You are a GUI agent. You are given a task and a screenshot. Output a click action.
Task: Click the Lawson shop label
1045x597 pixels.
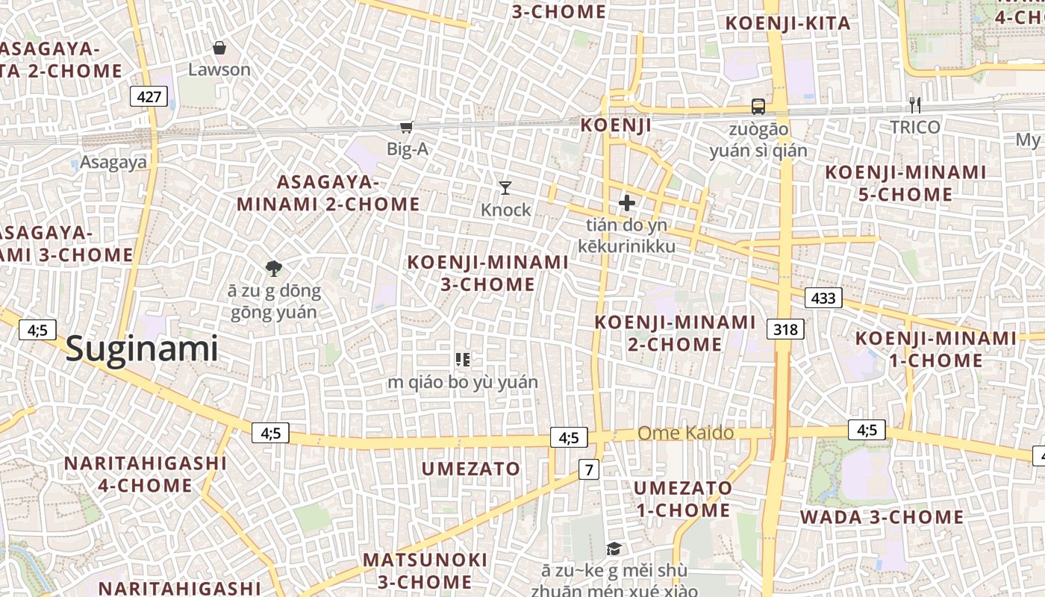pyautogui.click(x=219, y=69)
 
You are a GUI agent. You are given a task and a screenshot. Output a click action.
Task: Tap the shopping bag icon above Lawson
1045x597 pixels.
pyautogui.click(x=219, y=49)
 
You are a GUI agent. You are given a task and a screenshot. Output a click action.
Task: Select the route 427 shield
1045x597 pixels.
pyautogui.click(x=149, y=96)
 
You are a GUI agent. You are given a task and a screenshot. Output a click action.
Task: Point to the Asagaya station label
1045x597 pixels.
pyautogui.click(x=113, y=163)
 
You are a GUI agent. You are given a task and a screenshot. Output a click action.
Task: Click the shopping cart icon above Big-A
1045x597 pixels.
pyautogui.click(x=407, y=128)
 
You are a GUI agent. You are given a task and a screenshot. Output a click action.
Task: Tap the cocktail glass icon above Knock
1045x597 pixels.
pyautogui.click(x=506, y=187)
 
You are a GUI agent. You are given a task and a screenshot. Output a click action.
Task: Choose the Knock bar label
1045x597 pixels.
pyautogui.click(x=506, y=210)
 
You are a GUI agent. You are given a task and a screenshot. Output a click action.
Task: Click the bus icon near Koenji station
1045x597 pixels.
pyautogui.click(x=758, y=107)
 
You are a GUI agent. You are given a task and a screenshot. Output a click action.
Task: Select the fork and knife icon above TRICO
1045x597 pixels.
pyautogui.click(x=914, y=105)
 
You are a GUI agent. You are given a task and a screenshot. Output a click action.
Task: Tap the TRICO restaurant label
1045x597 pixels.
pyautogui.click(x=915, y=128)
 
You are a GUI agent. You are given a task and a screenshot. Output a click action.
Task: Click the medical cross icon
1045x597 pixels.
pyautogui.click(x=627, y=202)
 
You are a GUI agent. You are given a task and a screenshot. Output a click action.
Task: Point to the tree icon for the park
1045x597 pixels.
pyautogui.click(x=274, y=269)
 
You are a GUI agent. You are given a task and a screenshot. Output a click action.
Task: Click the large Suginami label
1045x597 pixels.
pyautogui.click(x=142, y=348)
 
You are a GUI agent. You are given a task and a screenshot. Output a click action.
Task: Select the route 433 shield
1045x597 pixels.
pyautogui.click(x=823, y=298)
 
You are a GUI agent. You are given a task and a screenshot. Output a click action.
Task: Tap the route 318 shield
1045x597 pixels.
pyautogui.click(x=786, y=328)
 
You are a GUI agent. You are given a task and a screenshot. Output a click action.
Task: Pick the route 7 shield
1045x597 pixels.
pyautogui.click(x=590, y=470)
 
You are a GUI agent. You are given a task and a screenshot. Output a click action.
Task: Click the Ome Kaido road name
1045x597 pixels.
pyautogui.click(x=685, y=433)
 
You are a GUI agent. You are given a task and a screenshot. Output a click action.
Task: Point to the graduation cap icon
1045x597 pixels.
pyautogui.click(x=614, y=549)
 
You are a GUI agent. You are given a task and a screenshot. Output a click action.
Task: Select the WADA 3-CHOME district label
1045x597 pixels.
pyautogui.click(x=882, y=516)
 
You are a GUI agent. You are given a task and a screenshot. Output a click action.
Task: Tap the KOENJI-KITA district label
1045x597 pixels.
pyautogui.click(x=787, y=23)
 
